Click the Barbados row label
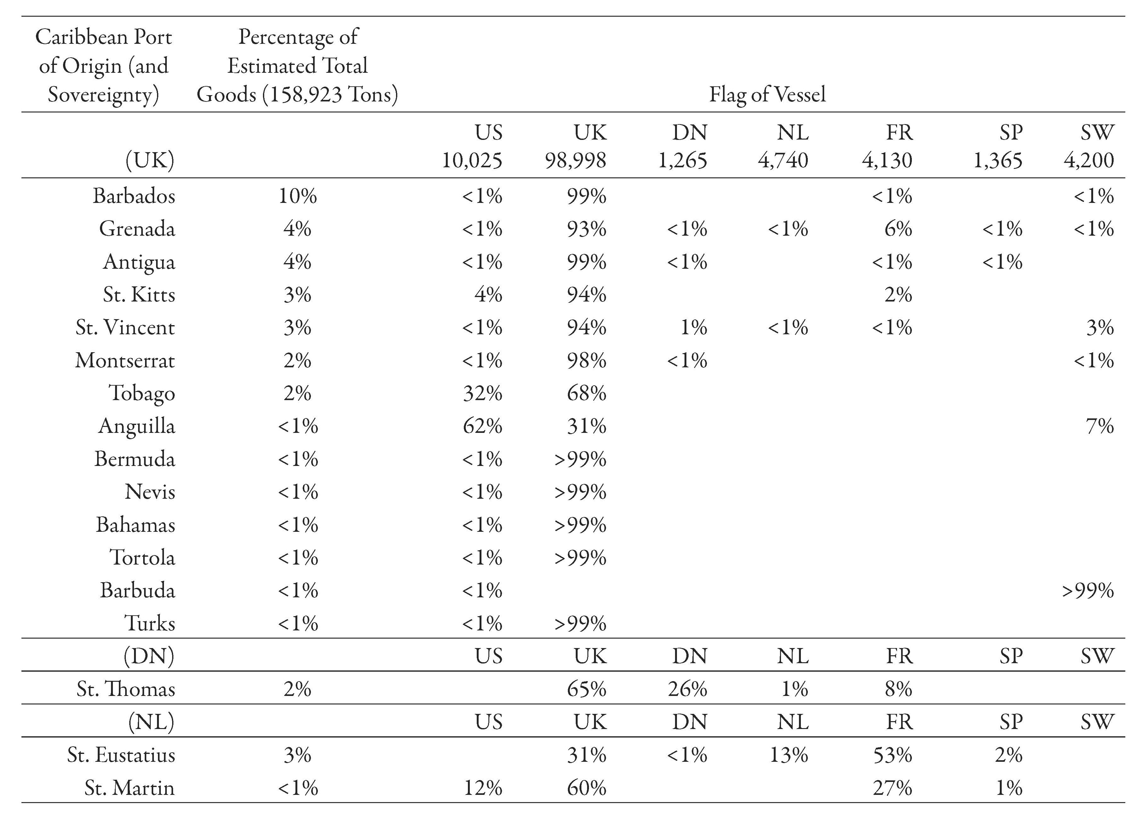[x=134, y=196]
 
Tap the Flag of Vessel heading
[x=767, y=95]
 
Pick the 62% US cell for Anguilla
[x=482, y=426]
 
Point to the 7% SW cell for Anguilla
[x=1099, y=426]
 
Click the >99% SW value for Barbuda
[x=1088, y=590]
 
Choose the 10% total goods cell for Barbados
[x=298, y=196]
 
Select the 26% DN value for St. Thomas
[x=687, y=689]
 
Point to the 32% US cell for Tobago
[x=482, y=393]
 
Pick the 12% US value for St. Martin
[x=483, y=788]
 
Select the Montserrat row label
[x=125, y=360]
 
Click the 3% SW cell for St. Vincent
[x=1099, y=327]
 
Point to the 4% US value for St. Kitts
[x=488, y=294]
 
